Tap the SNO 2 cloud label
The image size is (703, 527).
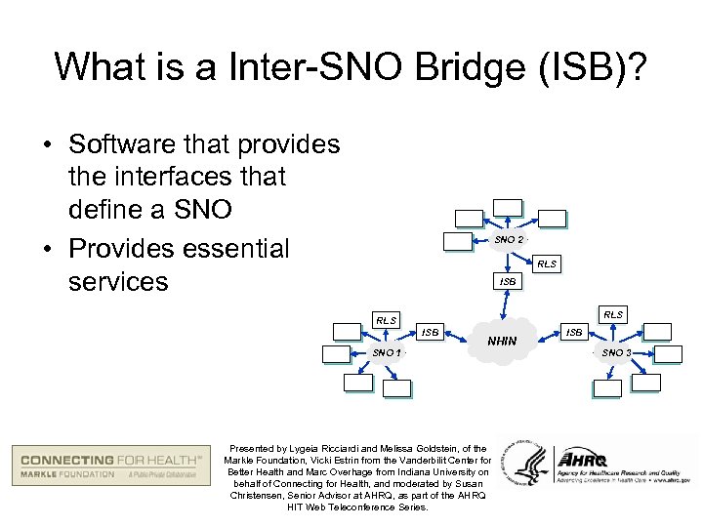(x=509, y=240)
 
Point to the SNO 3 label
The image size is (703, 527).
(x=616, y=351)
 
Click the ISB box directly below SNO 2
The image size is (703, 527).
(x=507, y=281)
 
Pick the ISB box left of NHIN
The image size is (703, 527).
(x=430, y=332)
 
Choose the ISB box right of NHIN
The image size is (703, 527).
(x=574, y=332)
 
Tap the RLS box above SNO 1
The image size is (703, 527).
(x=387, y=319)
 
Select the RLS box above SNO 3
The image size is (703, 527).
(x=613, y=314)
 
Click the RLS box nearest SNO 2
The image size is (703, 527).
(x=547, y=263)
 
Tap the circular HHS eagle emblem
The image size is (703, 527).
(x=525, y=461)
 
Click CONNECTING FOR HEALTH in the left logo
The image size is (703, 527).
(x=110, y=459)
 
